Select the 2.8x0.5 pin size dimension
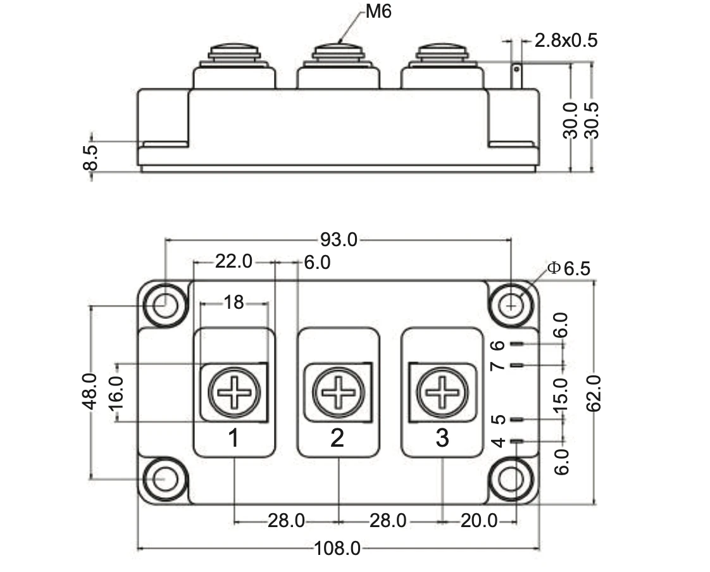pyautogui.click(x=566, y=41)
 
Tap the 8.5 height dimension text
pyautogui.click(x=91, y=158)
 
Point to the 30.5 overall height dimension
pyautogui.click(x=592, y=120)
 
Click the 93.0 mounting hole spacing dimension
pyautogui.click(x=339, y=240)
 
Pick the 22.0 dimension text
pyautogui.click(x=234, y=261)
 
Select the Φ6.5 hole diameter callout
pyautogui.click(x=569, y=268)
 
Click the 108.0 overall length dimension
pyautogui.click(x=338, y=549)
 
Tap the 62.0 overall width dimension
pyautogui.click(x=593, y=393)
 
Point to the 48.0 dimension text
pyautogui.click(x=90, y=391)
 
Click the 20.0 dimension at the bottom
pyautogui.click(x=478, y=521)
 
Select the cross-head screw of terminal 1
pyautogui.click(x=234, y=392)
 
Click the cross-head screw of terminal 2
pyautogui.click(x=339, y=392)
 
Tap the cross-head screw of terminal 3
pyautogui.click(x=442, y=392)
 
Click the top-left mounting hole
pyautogui.click(x=165, y=305)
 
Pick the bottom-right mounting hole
pyautogui.click(x=512, y=480)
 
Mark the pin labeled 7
pyautogui.click(x=517, y=366)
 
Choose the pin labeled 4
pyautogui.click(x=517, y=442)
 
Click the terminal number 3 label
pyautogui.click(x=442, y=437)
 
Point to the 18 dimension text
pyautogui.click(x=234, y=303)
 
